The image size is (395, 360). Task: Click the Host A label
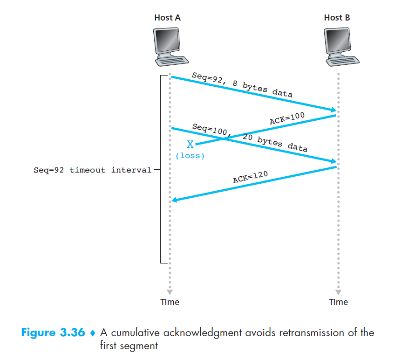click(x=168, y=18)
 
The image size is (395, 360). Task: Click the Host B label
click(x=337, y=18)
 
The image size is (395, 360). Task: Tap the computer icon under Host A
click(x=169, y=47)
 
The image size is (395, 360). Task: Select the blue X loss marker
click(x=190, y=144)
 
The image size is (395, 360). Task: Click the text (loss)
click(x=190, y=156)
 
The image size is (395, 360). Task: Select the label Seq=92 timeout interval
click(x=93, y=170)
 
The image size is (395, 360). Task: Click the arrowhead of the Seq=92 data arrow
click(x=334, y=111)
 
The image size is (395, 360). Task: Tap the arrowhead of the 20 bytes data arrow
click(x=334, y=162)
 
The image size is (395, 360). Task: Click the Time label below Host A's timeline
click(x=170, y=302)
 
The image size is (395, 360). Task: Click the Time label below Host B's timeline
click(x=338, y=302)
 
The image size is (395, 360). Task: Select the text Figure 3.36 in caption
click(x=53, y=333)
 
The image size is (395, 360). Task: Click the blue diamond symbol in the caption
click(x=92, y=333)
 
